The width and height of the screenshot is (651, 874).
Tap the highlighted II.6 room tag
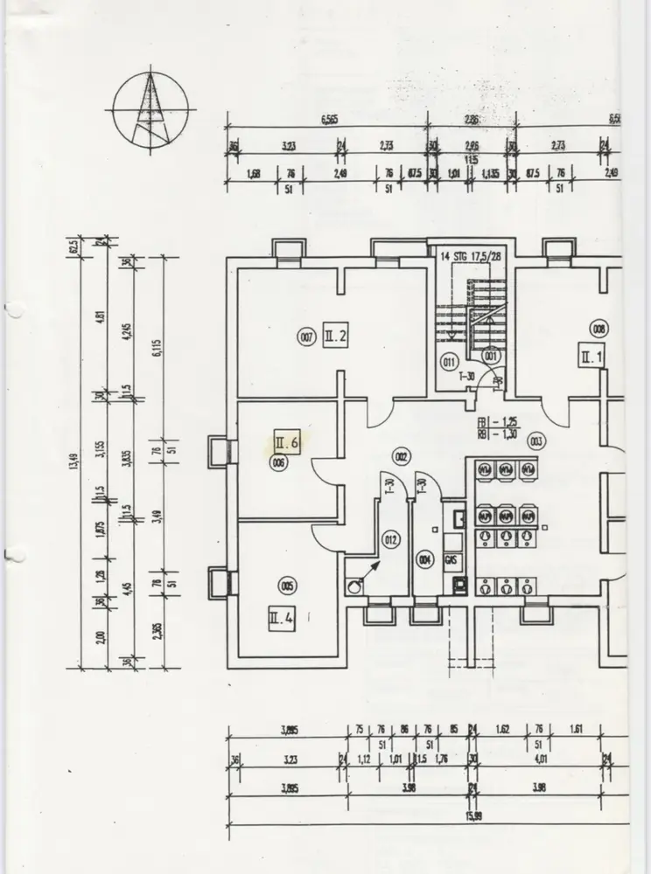[288, 442]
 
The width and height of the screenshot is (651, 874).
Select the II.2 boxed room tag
[336, 336]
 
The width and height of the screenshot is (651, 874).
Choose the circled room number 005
[286, 586]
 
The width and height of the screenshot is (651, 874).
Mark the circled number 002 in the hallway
[402, 456]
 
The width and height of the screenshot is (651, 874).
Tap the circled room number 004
[424, 559]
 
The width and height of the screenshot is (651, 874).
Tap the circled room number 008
[599, 329]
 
